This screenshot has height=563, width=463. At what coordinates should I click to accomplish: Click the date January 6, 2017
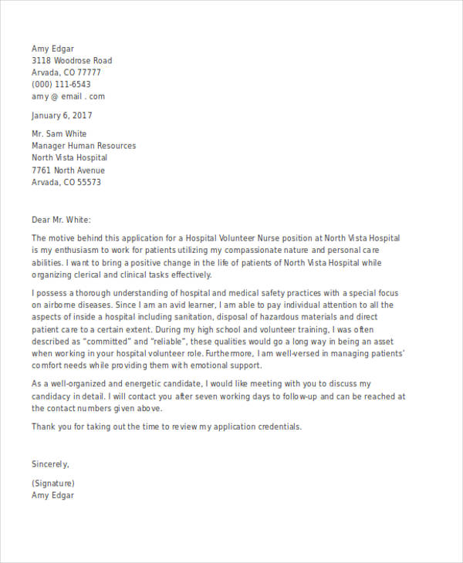pos(62,116)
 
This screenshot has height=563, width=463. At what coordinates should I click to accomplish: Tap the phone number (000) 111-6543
pos(61,85)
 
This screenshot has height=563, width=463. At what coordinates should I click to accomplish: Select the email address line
pos(68,97)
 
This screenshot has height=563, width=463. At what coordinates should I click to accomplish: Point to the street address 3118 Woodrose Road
pos(72,61)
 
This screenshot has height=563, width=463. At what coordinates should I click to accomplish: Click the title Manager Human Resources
pos(83,146)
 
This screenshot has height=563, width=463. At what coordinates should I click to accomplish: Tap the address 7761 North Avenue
pos(68,170)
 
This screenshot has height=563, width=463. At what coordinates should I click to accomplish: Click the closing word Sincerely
pos(50,464)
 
